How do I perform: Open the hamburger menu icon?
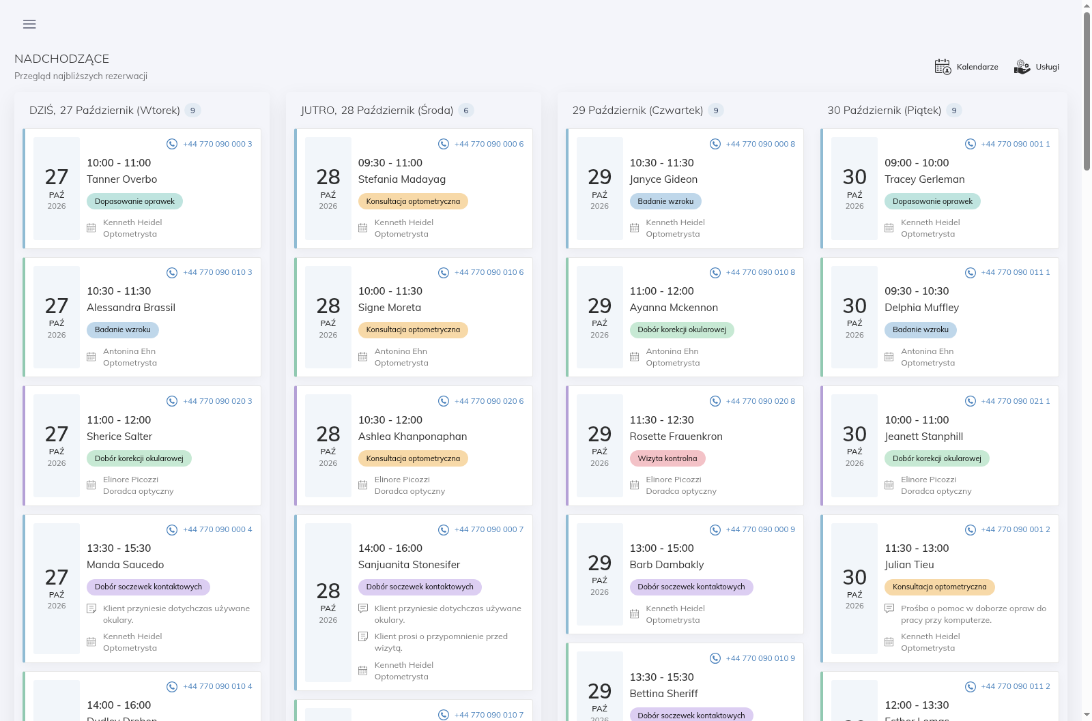(29, 24)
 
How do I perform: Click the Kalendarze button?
(966, 67)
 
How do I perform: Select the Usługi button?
(1037, 67)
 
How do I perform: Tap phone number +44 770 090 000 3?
(218, 144)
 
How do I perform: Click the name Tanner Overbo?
(122, 179)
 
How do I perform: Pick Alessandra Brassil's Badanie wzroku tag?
(123, 330)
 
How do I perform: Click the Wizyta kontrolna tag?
(667, 458)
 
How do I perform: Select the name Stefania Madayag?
(402, 179)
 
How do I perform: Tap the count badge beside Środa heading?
(465, 111)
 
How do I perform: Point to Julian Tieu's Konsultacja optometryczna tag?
(939, 587)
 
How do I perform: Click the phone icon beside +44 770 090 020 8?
(715, 401)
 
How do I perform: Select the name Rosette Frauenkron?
(676, 437)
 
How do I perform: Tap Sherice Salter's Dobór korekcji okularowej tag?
(139, 458)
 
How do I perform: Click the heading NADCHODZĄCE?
(62, 59)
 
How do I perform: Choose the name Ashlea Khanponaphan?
(412, 437)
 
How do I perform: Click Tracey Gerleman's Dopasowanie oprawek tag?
(932, 201)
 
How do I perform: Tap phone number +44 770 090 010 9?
(760, 658)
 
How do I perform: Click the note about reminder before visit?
(441, 642)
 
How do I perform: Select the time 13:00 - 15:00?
(661, 548)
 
